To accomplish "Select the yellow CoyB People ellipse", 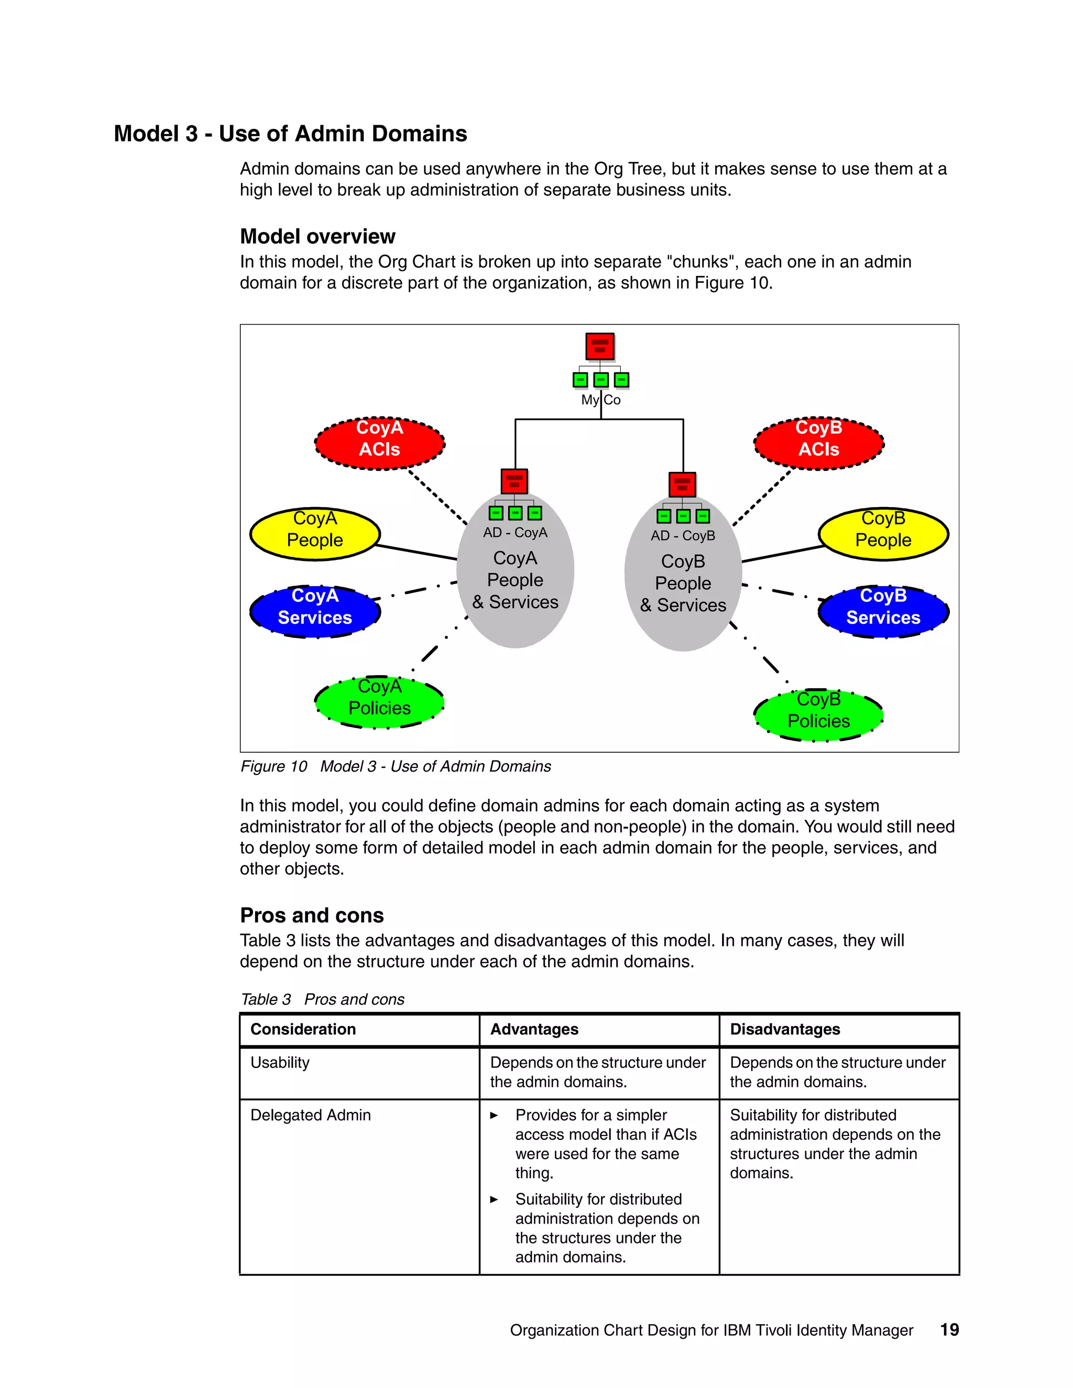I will (883, 534).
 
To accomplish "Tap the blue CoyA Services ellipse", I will (315, 611).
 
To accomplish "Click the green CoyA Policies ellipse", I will (379, 702).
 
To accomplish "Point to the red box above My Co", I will (599, 346).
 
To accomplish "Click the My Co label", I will (601, 400).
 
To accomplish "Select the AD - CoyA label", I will (515, 533).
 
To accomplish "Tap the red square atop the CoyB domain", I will (682, 484).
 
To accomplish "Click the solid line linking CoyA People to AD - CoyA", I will (417, 552).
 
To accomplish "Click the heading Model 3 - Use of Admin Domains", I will (290, 134).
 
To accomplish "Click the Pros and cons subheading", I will (312, 915).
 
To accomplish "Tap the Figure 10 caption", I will (396, 766).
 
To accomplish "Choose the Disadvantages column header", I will (784, 1030).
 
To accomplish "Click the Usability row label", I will (280, 1063).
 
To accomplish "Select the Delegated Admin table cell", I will (310, 1115).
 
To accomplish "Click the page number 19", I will (949, 1329).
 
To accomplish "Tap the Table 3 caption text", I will (322, 999).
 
